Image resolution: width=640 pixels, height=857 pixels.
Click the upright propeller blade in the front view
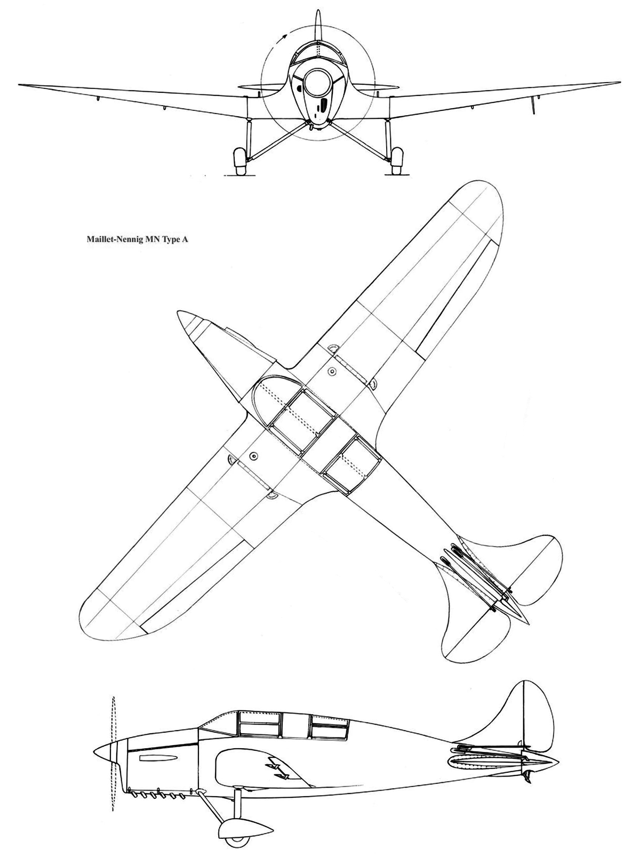(318, 24)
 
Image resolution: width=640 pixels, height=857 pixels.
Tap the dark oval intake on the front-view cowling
(321, 108)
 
